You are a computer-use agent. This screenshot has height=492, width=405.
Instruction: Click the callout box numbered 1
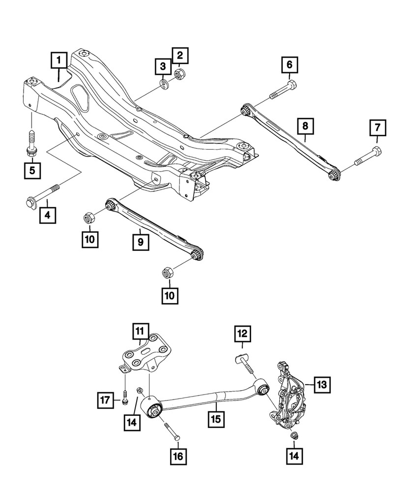pos(58,61)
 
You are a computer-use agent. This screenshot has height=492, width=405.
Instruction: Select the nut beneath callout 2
pos(180,75)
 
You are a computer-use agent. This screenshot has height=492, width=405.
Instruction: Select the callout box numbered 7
pos(378,128)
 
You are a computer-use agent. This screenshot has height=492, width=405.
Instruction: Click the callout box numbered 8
pos(305,126)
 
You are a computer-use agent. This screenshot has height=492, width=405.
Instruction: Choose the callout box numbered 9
pos(140,242)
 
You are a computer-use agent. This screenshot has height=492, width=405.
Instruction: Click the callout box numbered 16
pos(178,457)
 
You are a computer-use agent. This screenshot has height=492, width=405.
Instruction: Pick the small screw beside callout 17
pos(125,398)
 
